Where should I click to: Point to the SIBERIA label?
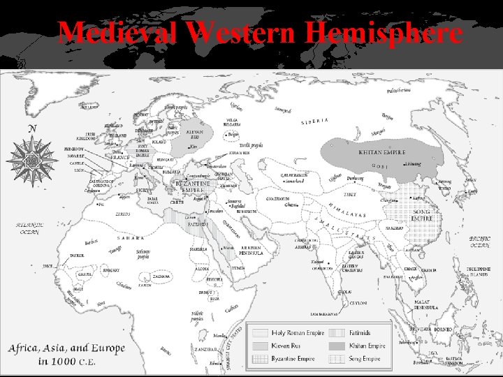[x=315, y=120]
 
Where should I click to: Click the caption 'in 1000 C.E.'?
[x=67, y=362]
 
